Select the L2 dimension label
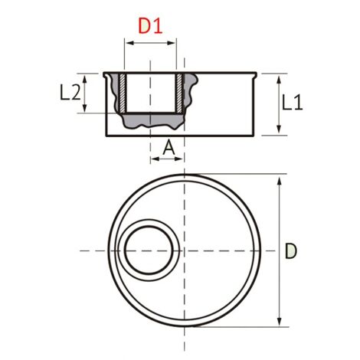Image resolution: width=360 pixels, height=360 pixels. (x=70, y=93)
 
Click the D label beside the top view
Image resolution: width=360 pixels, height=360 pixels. (x=291, y=250)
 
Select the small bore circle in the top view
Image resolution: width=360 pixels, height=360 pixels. (x=150, y=251)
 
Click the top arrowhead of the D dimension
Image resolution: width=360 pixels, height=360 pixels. (x=279, y=178)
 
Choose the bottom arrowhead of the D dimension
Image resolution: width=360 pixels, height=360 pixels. (x=279, y=322)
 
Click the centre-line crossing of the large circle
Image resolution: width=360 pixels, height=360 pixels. (x=184, y=251)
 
